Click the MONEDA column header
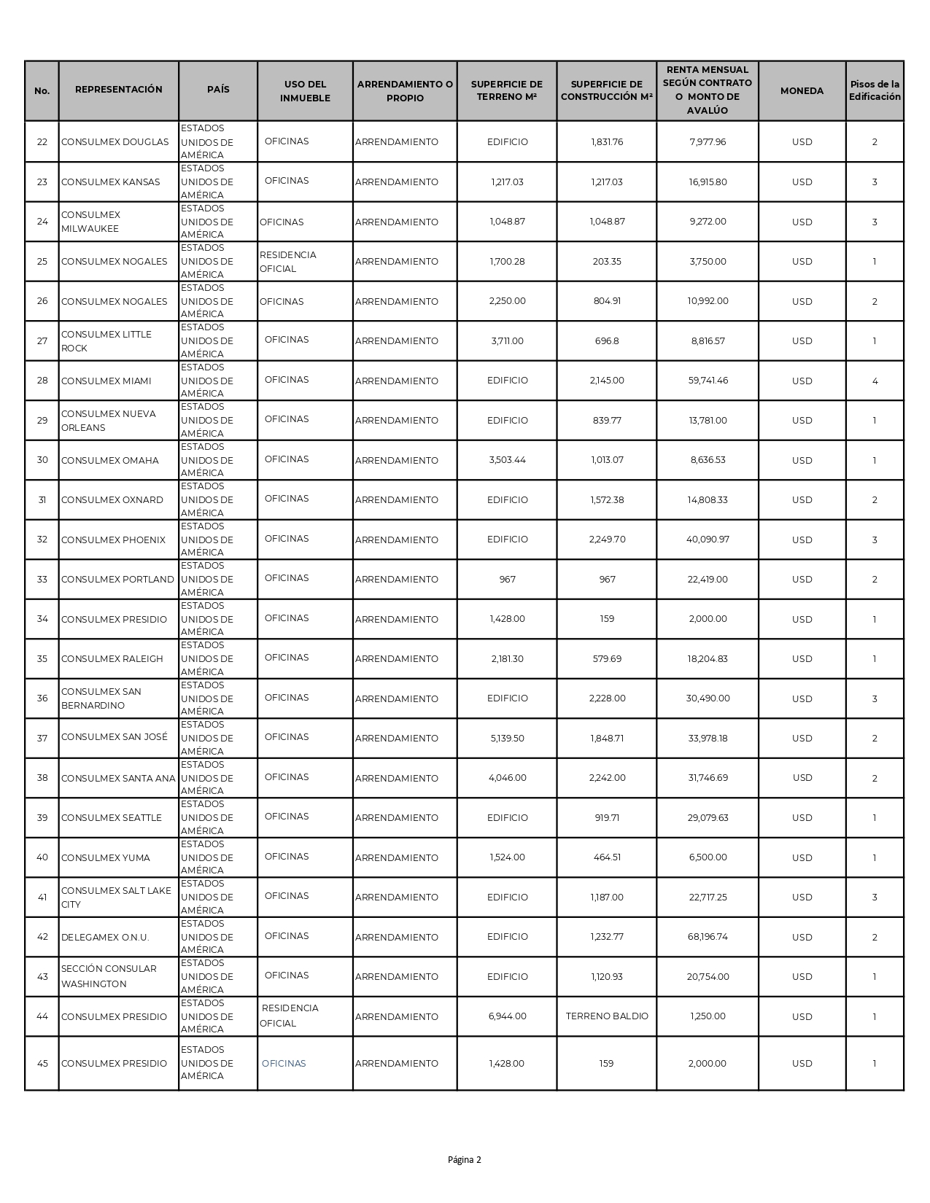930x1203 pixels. tap(802, 91)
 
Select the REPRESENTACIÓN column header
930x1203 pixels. tap(119, 90)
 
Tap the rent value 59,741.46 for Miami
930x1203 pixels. tap(707, 381)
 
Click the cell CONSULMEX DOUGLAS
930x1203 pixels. tap(115, 142)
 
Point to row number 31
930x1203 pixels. tap(42, 500)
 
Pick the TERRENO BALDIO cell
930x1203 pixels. tap(607, 1016)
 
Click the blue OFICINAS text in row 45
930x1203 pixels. tap(284, 1064)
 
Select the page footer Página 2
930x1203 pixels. tap(465, 1160)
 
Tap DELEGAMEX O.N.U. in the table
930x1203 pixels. tap(105, 938)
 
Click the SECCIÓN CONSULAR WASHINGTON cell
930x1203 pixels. tap(109, 976)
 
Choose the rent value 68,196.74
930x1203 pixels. tap(707, 937)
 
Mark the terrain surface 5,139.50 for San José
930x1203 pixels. tap(507, 739)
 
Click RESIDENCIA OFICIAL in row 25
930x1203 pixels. tap(288, 262)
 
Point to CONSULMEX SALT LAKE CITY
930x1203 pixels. tap(116, 898)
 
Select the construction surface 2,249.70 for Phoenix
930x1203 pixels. tap(607, 540)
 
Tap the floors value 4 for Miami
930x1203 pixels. tap(875, 381)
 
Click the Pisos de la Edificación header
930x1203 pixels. tap(875, 91)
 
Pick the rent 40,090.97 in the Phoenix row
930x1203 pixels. tap(707, 540)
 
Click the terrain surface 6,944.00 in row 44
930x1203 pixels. tap(507, 1016)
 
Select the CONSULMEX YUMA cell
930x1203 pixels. tap(105, 858)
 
